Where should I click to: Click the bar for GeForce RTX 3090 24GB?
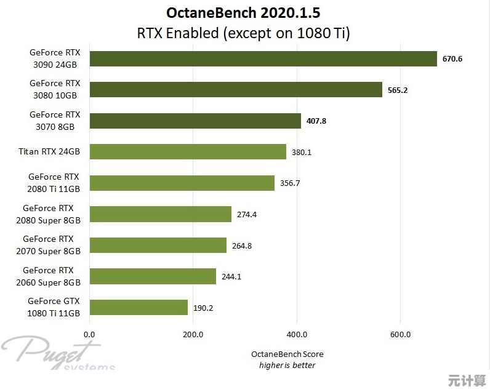tap(263, 58)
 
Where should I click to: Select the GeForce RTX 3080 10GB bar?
tap(236, 90)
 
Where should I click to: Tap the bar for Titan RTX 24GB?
tap(188, 151)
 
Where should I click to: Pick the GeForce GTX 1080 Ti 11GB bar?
tap(139, 307)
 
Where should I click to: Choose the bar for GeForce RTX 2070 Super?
tap(158, 246)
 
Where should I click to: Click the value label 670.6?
tap(452, 59)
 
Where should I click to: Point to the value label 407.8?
tap(316, 121)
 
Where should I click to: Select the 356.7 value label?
tap(289, 183)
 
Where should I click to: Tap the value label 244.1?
tap(231, 277)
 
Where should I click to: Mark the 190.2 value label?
tap(203, 308)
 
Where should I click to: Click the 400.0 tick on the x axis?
tap(297, 335)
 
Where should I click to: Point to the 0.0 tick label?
tap(89, 335)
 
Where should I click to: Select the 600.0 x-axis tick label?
tap(400, 335)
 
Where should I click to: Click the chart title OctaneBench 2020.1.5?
tap(244, 13)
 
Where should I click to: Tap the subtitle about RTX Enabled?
tap(244, 33)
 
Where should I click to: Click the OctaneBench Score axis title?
tap(287, 354)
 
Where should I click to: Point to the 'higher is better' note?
tap(287, 365)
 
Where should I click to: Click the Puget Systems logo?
tap(58, 354)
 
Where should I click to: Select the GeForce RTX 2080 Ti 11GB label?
tap(53, 183)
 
